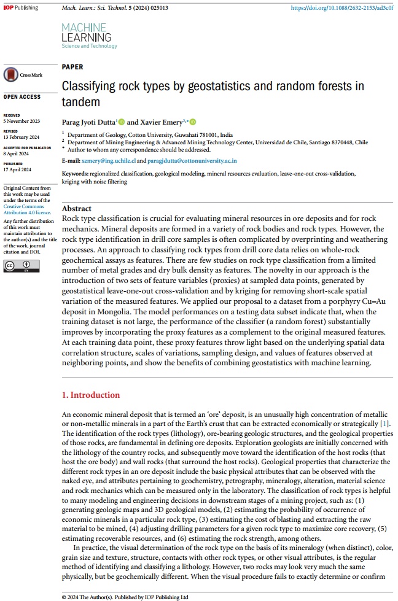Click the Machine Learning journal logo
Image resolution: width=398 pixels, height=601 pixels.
click(89, 36)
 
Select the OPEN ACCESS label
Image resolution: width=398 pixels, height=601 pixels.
click(22, 97)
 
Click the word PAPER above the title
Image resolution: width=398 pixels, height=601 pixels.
click(72, 67)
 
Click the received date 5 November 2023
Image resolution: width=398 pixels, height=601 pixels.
click(21, 121)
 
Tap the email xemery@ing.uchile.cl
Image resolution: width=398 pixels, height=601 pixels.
click(108, 160)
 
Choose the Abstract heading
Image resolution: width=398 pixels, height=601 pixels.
click(77, 209)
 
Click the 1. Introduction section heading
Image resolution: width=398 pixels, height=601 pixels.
click(91, 395)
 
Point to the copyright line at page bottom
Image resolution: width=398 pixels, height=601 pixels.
click(125, 596)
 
